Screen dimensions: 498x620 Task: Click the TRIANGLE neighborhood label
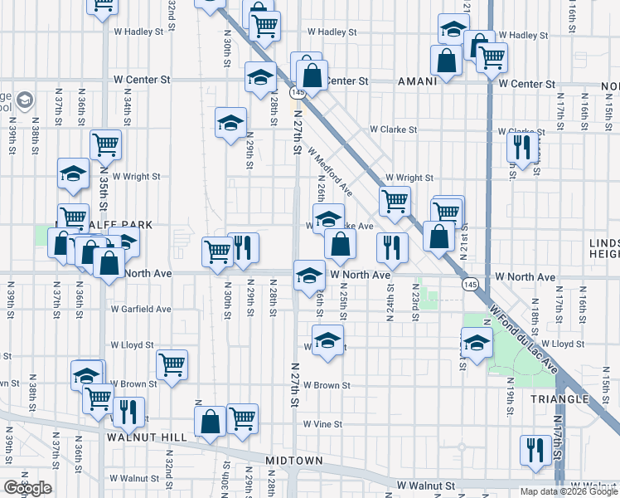click(560, 399)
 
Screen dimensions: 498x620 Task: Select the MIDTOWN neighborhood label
click(293, 460)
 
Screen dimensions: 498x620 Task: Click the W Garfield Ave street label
click(141, 309)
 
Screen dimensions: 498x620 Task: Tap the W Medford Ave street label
click(331, 173)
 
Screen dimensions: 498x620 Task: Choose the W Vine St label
click(322, 424)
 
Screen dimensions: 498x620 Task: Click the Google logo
click(27, 488)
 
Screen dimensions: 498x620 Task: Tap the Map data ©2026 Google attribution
click(569, 491)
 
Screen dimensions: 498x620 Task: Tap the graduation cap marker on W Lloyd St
click(328, 340)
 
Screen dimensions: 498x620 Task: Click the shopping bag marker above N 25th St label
click(340, 243)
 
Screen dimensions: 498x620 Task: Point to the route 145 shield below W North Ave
click(470, 284)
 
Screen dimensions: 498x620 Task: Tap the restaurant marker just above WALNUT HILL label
click(128, 410)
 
